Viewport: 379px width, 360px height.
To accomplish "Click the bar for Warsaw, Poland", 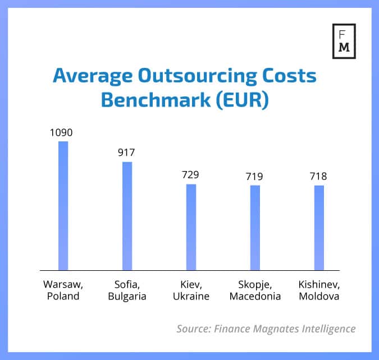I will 63,206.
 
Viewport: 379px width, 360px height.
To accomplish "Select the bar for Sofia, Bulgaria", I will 127,216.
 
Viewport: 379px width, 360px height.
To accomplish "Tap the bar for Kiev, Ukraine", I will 191,227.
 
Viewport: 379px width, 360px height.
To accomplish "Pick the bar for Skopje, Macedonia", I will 255,228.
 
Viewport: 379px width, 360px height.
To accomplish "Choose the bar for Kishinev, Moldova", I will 319,228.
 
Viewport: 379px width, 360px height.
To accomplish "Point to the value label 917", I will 127,153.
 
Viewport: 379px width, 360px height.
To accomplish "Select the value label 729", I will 191,176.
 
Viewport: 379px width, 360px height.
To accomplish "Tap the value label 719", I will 255,177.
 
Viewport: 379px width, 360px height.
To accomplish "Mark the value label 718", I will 318,177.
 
